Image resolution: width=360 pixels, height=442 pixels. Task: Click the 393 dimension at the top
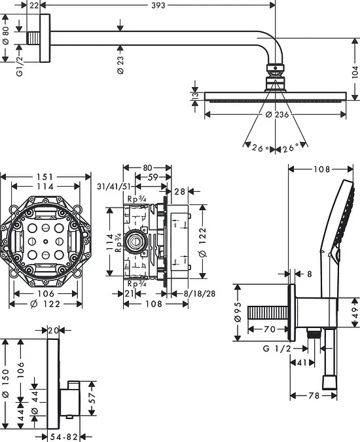158,5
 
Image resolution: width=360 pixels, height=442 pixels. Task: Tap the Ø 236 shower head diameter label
277,115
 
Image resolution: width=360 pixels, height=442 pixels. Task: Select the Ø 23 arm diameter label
120,65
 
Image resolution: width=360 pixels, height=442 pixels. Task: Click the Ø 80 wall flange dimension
6,35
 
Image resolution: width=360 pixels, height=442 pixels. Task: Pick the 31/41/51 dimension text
114,187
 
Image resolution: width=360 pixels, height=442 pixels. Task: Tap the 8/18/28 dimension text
200,294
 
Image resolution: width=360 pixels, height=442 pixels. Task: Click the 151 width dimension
45,177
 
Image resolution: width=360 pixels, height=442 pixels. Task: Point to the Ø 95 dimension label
238,312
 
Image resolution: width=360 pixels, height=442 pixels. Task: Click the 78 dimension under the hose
314,396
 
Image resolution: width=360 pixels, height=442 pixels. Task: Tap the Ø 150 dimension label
6,383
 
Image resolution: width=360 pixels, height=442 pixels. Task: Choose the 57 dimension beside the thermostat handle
92,398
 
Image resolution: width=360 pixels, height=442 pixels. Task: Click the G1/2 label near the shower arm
19,66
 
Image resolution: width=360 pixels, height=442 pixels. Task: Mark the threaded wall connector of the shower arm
33,38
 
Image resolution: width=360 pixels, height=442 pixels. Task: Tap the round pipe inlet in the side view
136,241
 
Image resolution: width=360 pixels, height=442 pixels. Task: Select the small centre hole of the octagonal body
46,241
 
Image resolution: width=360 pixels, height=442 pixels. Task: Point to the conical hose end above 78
329,382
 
